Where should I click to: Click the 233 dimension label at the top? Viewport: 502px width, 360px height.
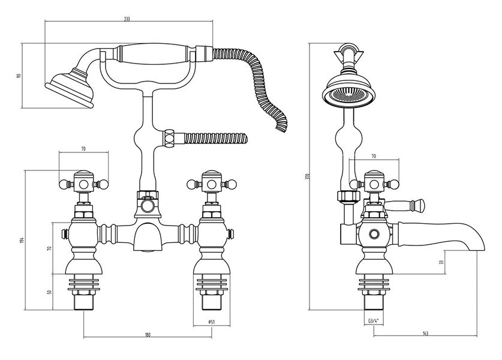tap(127, 19)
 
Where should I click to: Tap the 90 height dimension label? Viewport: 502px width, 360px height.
tap(19, 76)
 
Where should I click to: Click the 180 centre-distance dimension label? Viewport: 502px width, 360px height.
tap(148, 334)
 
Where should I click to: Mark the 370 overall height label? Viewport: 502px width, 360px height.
tap(306, 178)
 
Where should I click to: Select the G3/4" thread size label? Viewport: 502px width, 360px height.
tap(373, 322)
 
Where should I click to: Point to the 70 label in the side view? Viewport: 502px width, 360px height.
tap(374, 157)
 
